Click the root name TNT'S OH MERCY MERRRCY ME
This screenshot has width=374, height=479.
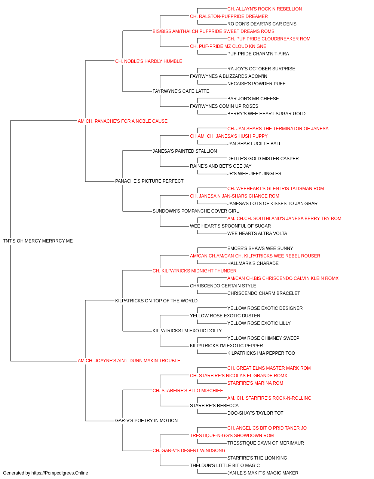[38, 241]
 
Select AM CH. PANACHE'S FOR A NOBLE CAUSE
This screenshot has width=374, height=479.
[122, 121]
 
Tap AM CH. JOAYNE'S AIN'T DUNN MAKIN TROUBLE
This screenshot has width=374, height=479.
[129, 361]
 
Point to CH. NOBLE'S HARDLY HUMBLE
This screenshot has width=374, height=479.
[149, 61]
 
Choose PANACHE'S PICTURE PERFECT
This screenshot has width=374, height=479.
[149, 181]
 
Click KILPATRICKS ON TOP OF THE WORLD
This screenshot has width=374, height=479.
[156, 300]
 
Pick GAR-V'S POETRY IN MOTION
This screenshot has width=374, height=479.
[147, 420]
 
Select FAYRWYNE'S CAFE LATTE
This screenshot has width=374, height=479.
[181, 91]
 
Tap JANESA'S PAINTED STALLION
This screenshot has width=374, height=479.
[185, 151]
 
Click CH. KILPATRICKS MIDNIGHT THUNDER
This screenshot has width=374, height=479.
[194, 271]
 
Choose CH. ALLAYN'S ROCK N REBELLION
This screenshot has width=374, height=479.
[264, 9]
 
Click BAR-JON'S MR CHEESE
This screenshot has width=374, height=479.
[253, 98]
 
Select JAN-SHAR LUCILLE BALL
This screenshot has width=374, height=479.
[254, 143]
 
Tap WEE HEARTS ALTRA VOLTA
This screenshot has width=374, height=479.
[257, 233]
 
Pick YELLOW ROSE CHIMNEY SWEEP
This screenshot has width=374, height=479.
[263, 338]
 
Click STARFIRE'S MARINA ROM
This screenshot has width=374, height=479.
[255, 383]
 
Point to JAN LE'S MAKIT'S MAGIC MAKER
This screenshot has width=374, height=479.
[263, 473]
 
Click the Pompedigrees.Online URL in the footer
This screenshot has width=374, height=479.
[60, 473]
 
